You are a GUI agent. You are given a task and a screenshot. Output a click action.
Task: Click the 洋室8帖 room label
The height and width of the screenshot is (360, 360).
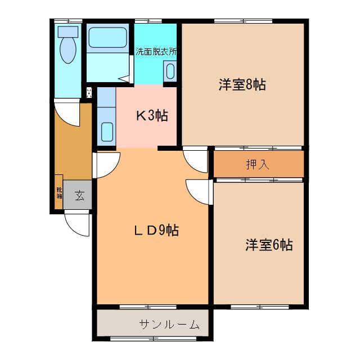(x=242, y=85)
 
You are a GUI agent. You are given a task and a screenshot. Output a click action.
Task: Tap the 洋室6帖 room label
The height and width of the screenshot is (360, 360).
(x=268, y=245)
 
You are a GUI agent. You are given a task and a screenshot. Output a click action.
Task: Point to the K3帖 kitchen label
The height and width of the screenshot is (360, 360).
(x=151, y=116)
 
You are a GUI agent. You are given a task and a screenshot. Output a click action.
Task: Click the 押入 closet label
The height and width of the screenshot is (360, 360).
(x=258, y=165)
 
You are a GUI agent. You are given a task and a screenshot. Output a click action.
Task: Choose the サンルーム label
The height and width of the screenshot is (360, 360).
(x=169, y=324)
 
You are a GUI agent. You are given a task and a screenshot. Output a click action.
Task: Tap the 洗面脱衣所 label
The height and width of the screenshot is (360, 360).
(x=156, y=51)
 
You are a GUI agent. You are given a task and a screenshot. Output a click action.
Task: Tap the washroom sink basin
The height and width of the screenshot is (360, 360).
(x=170, y=72)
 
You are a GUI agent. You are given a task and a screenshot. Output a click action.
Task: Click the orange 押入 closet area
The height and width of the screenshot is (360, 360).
(x=281, y=164)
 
